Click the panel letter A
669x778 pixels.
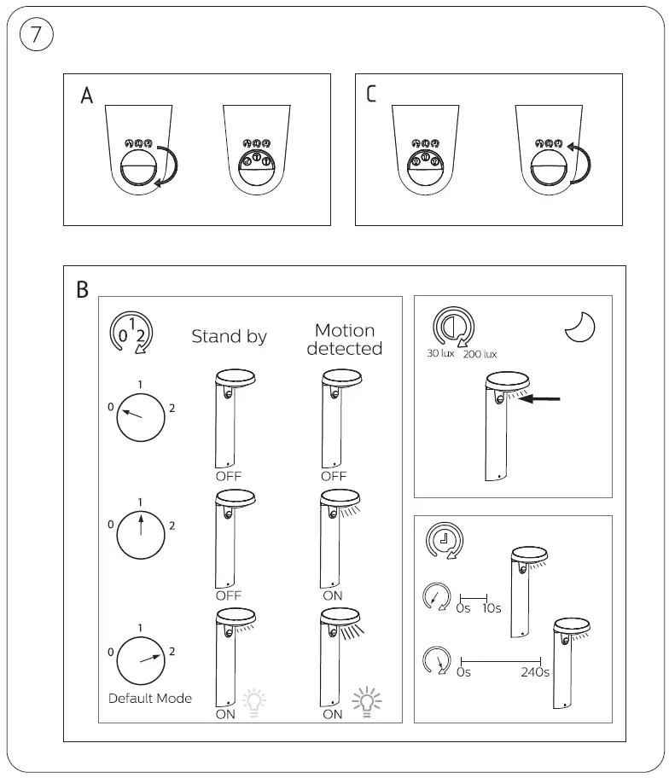pyautogui.click(x=87, y=96)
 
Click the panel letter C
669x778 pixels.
pyautogui.click(x=370, y=96)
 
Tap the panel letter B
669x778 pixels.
pyautogui.click(x=82, y=290)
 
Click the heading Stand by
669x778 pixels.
pyautogui.click(x=229, y=337)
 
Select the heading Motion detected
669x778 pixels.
pyautogui.click(x=344, y=339)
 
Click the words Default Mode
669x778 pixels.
pyautogui.click(x=150, y=698)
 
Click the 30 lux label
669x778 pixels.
pyautogui.click(x=440, y=353)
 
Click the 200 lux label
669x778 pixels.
pyautogui.click(x=479, y=353)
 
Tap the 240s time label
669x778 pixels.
pyautogui.click(x=534, y=672)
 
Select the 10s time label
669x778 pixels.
pyautogui.click(x=491, y=607)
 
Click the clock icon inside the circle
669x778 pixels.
pyautogui.click(x=444, y=540)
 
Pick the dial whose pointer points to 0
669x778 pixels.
pyautogui.click(x=139, y=416)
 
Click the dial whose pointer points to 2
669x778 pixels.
pyautogui.click(x=140, y=660)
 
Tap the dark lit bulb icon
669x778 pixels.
pyautogui.click(x=368, y=699)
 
